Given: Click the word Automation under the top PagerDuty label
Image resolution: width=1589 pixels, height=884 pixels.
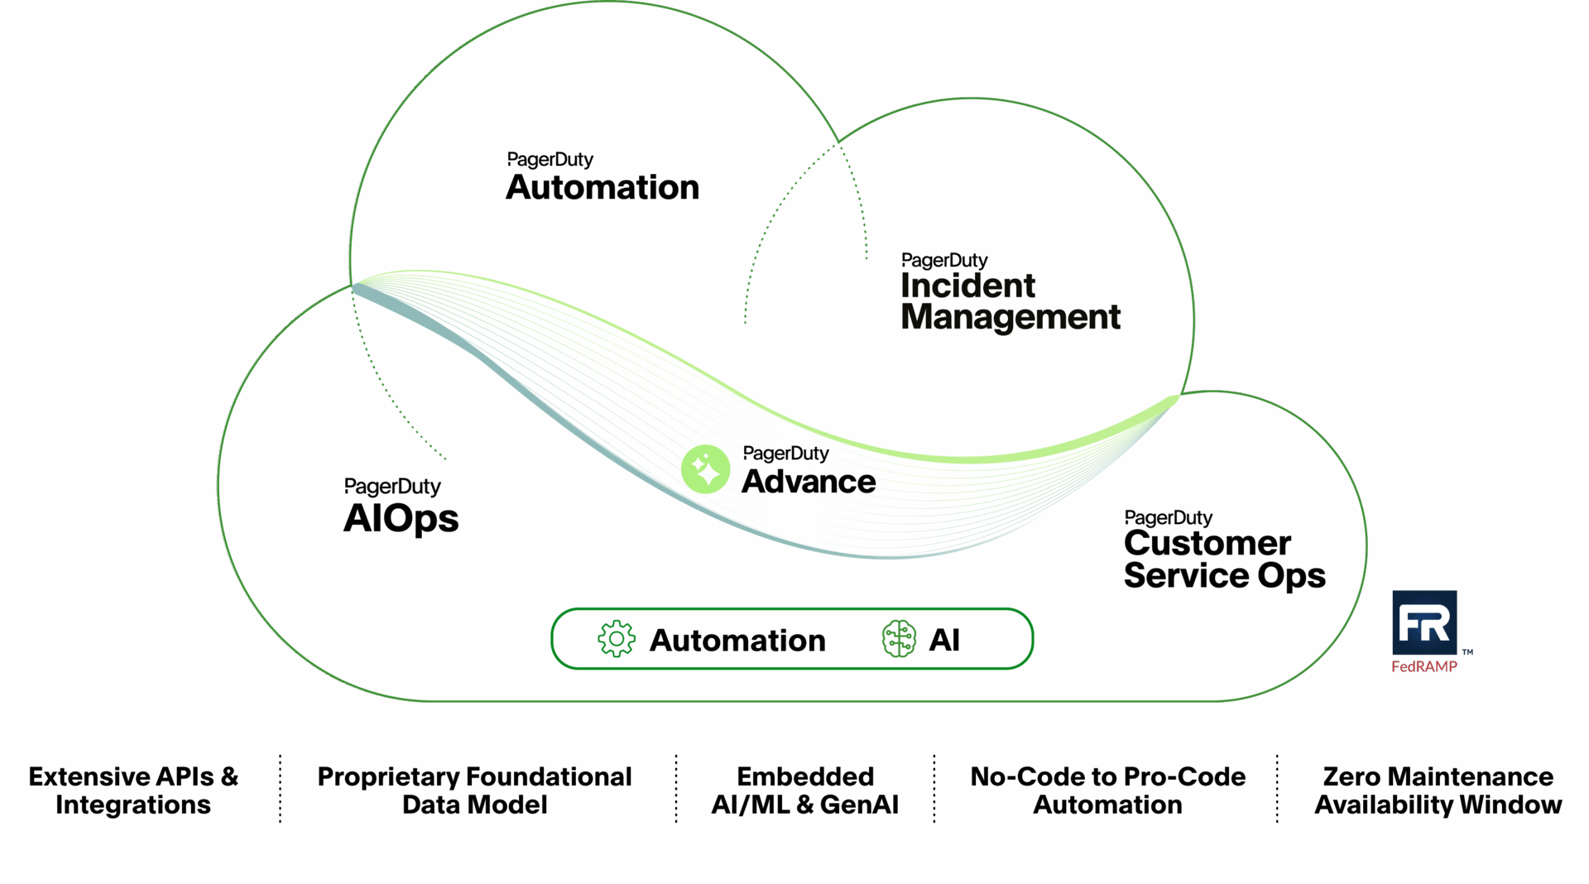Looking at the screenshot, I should click(x=602, y=188).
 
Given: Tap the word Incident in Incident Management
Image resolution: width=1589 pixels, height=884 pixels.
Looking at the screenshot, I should click(x=967, y=286).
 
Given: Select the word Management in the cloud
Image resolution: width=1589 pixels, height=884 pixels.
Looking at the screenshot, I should click(x=1011, y=318).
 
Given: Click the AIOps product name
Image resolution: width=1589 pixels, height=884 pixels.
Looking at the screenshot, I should click(x=401, y=519).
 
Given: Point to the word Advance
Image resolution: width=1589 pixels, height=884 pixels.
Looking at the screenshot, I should click(x=809, y=482).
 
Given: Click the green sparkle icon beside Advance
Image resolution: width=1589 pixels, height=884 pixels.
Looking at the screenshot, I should click(x=705, y=469).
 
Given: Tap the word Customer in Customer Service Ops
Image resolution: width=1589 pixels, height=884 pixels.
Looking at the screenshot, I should click(x=1207, y=544).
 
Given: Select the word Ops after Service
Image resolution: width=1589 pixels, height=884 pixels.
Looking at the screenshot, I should click(x=1291, y=576).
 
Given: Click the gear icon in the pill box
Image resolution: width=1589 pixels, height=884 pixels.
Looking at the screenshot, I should click(x=617, y=639).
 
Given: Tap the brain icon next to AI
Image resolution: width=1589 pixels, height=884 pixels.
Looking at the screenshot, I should click(x=899, y=639).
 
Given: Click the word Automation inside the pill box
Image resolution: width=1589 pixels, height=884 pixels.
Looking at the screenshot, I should click(x=737, y=641).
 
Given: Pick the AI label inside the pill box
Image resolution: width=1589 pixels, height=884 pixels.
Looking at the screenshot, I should click(x=944, y=640).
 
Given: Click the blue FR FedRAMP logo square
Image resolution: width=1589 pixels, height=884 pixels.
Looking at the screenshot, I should click(x=1424, y=622).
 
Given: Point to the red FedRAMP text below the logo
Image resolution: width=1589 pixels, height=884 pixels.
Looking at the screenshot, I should click(x=1424, y=667).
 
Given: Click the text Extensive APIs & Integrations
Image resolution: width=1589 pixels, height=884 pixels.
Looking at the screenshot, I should click(x=133, y=790).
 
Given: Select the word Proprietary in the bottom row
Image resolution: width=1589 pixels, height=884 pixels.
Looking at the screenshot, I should click(x=388, y=776).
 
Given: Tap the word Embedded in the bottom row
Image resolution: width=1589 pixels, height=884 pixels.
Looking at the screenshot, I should click(x=805, y=776).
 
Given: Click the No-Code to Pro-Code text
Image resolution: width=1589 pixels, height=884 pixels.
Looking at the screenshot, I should click(x=1107, y=776).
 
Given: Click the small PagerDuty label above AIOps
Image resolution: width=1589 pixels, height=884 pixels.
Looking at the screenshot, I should click(x=392, y=487).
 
